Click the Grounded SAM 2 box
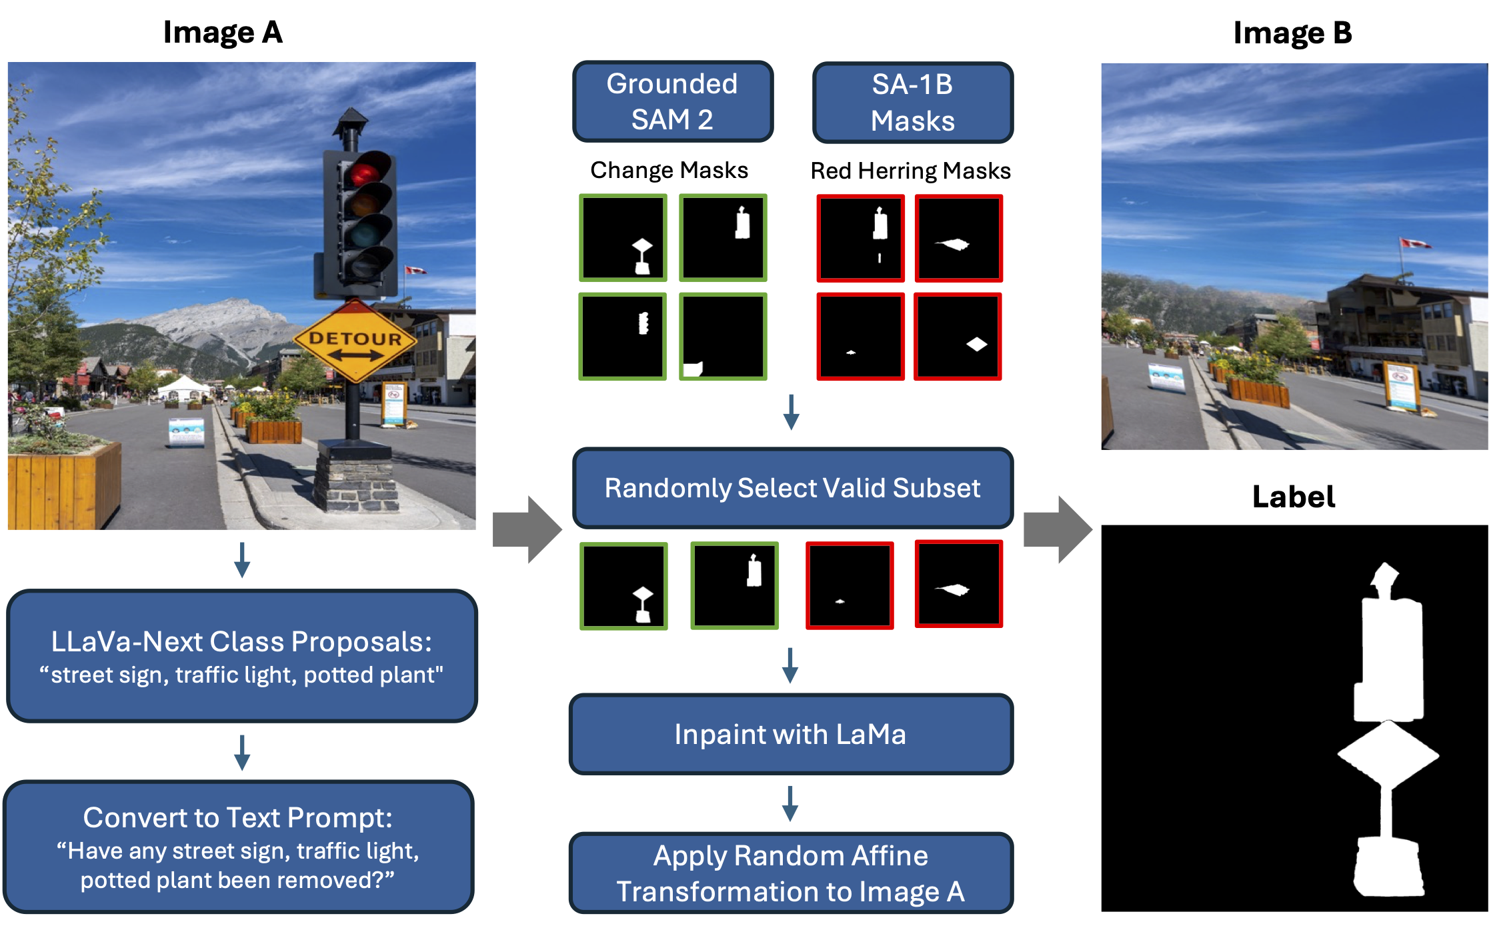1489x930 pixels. pyautogui.click(x=672, y=101)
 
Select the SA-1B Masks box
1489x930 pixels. pyautogui.click(x=912, y=103)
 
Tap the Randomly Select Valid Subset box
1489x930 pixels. pyautogui.click(x=792, y=488)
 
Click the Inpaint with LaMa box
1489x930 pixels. pyautogui.click(x=791, y=734)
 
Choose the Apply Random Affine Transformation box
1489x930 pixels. pyautogui.click(x=791, y=873)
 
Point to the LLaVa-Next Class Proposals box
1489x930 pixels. pyautogui.click(x=241, y=656)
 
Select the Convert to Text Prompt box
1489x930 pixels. pyautogui.click(x=238, y=847)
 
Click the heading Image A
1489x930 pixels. pyautogui.click(x=223, y=32)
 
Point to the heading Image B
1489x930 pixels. pyautogui.click(x=1292, y=33)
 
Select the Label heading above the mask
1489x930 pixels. pyautogui.click(x=1293, y=497)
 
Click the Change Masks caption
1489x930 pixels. pyautogui.click(x=669, y=171)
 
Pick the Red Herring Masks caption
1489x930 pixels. pyautogui.click(x=910, y=171)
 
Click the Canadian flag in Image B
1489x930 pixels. pyautogui.click(x=1414, y=243)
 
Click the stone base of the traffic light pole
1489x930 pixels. pyautogui.click(x=357, y=477)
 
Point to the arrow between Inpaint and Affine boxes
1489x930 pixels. pyautogui.click(x=790, y=803)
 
